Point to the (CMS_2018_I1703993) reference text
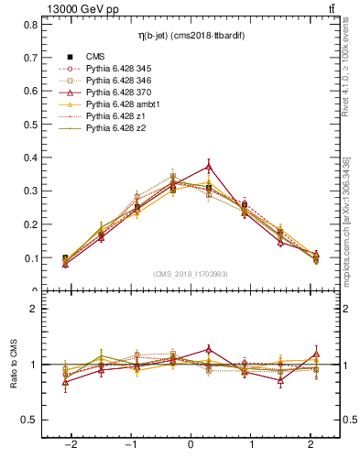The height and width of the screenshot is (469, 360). pyautogui.click(x=191, y=273)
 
